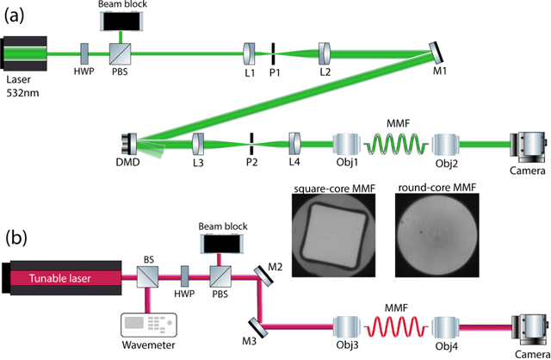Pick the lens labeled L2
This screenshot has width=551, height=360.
(326, 53)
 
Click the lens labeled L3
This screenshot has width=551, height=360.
(197, 140)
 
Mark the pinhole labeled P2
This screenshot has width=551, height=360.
(251, 140)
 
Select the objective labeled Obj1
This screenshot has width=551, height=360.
(346, 141)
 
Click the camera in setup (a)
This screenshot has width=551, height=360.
(526, 141)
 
